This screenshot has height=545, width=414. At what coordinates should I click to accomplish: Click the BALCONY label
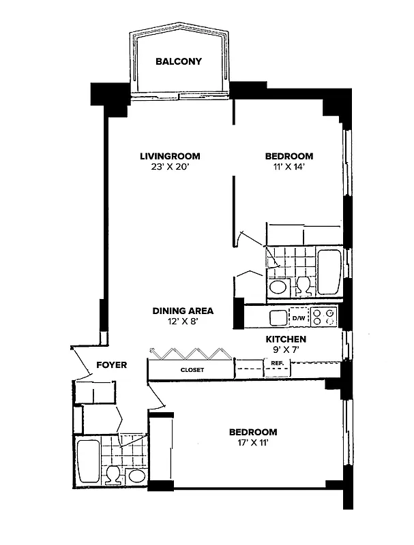pos(179,61)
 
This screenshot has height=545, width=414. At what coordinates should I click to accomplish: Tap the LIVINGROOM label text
pos(170,156)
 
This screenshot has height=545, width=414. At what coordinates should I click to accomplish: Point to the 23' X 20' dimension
pos(170,167)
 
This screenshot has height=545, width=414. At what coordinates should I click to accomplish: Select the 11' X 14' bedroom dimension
pos(289,167)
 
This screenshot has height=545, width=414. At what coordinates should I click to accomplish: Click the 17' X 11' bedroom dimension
pos(253,443)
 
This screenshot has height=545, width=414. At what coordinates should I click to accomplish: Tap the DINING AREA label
pos(183,311)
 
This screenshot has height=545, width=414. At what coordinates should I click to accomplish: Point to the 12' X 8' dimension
pos(183,322)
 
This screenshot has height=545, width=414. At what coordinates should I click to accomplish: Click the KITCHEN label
pos(286,339)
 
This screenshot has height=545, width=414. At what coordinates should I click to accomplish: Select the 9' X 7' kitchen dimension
pos(286,349)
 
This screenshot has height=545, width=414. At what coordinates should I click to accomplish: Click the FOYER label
pos(111,365)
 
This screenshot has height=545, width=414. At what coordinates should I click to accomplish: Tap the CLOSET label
pos(192,370)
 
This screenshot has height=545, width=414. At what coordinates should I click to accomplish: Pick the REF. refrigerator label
pos(277,363)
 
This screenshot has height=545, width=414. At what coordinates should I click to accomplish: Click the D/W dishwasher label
pos(299,317)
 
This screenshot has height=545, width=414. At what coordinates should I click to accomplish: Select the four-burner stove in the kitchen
pos(323,317)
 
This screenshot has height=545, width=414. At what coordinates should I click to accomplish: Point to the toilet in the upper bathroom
pos(303,285)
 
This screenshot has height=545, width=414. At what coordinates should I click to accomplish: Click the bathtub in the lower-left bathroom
pos(88,461)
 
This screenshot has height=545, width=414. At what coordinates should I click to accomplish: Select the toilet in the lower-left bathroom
pos(114,474)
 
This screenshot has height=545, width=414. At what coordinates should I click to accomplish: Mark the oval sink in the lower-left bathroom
pos(136,476)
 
